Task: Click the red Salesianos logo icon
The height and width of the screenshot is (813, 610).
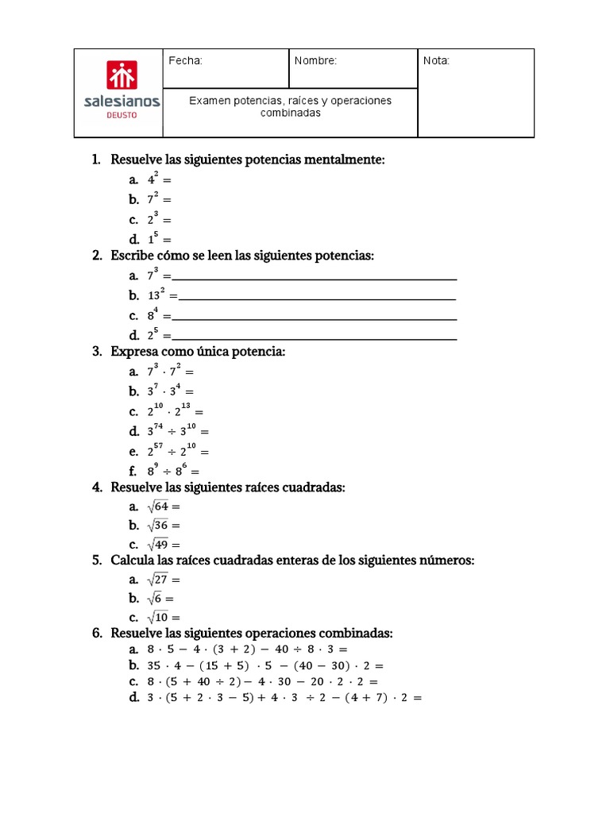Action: [122, 76]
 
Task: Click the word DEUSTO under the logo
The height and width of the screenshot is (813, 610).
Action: [122, 115]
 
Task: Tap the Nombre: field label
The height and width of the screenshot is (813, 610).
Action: [315, 61]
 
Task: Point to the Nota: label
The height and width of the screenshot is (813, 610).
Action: [436, 61]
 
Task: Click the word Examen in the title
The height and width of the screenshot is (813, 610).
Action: [209, 101]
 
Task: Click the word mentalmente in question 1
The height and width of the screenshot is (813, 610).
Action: [349, 160]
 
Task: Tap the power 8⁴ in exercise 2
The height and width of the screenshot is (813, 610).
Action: [153, 315]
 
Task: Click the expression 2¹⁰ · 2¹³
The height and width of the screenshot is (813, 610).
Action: [170, 411]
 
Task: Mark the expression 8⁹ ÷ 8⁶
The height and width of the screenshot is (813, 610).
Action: [167, 470]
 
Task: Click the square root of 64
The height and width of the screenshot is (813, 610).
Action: [158, 506]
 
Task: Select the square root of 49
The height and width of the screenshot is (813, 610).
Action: [158, 545]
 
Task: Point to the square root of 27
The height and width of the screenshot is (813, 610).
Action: [158, 580]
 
